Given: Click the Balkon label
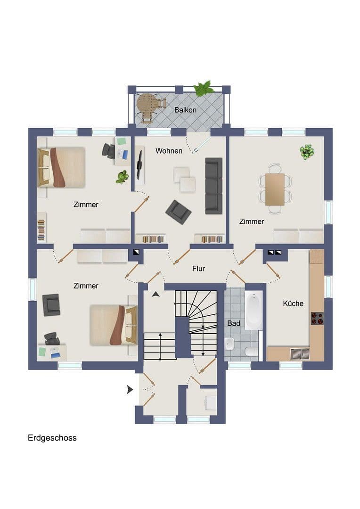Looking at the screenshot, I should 185,110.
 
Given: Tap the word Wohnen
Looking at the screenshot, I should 169,151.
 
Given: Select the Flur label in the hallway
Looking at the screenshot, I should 198,269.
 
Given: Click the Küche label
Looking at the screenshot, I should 293,304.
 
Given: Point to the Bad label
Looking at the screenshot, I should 233,324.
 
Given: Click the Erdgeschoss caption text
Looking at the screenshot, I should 52,438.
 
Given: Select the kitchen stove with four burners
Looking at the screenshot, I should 317,318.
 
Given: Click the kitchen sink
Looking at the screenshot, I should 299,353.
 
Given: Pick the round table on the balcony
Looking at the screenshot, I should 147,102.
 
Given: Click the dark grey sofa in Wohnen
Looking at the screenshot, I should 213,185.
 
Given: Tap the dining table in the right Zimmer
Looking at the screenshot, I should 275,189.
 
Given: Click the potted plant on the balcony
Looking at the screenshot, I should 204,88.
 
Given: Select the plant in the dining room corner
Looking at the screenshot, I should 307,151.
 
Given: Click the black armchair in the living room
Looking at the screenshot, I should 178,212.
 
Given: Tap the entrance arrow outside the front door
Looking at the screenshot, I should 130,389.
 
